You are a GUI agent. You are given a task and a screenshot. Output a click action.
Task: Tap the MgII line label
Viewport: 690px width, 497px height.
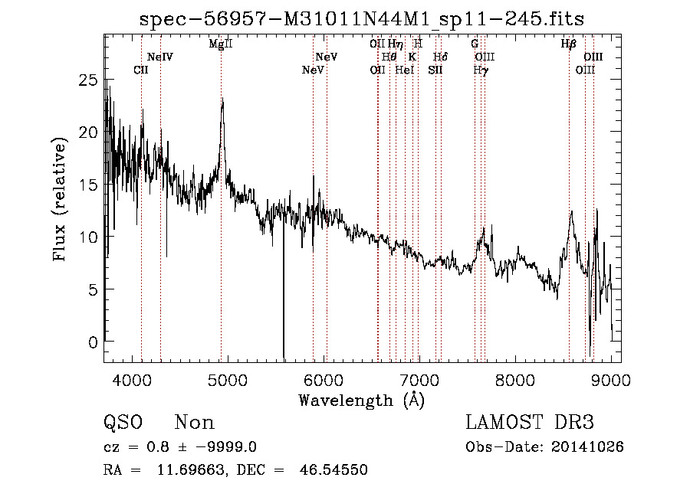tap(221, 44)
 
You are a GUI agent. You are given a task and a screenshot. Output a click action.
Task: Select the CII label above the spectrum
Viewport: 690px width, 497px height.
tap(141, 70)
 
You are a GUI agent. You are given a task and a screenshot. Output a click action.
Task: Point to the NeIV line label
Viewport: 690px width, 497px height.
tap(160, 57)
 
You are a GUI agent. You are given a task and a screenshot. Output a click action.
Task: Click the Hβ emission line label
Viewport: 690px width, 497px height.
tap(568, 44)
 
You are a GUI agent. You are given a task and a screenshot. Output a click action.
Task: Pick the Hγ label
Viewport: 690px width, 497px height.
tap(481, 70)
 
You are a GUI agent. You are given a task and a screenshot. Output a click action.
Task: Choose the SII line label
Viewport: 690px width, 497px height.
tap(435, 70)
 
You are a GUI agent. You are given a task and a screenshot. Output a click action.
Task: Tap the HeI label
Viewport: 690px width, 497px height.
tap(405, 70)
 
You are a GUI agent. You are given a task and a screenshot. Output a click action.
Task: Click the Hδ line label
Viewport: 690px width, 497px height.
tap(440, 57)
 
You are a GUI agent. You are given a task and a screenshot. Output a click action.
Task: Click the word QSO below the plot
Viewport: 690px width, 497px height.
tap(122, 423)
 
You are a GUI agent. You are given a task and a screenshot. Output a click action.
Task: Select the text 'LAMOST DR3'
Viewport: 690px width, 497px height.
tap(530, 423)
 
